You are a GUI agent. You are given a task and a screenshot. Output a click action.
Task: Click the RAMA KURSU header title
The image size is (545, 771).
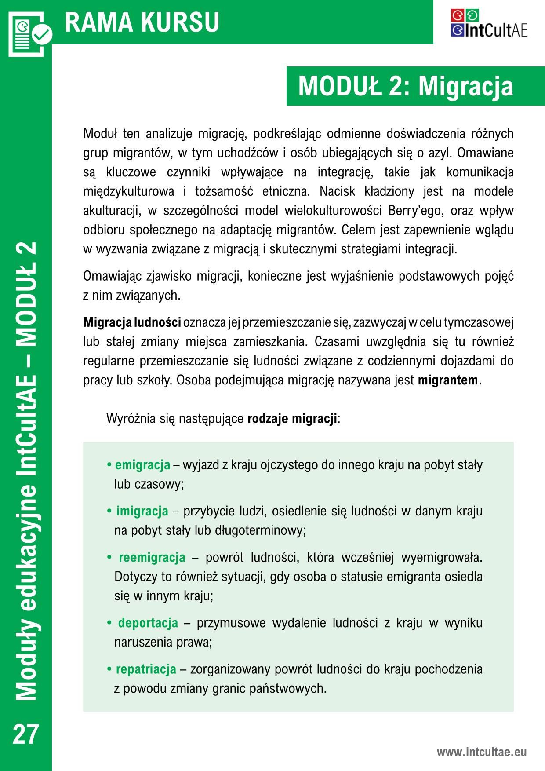[142, 22]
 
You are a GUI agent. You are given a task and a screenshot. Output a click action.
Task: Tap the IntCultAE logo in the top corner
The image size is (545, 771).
[489, 24]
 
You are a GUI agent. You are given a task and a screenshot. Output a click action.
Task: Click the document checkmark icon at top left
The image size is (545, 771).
[29, 33]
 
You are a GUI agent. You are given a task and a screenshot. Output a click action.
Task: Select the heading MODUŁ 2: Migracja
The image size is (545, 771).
[405, 86]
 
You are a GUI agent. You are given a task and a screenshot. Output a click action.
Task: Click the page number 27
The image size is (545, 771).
[26, 734]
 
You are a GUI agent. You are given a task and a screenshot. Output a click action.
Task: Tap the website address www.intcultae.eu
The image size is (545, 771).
[481, 752]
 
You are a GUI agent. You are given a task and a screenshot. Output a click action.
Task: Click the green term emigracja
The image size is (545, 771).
[142, 465]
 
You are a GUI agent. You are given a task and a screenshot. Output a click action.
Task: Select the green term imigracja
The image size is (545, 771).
[142, 511]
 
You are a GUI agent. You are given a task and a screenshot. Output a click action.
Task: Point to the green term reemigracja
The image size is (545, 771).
[152, 558]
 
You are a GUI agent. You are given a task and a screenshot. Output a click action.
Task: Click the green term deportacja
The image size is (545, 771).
[148, 623]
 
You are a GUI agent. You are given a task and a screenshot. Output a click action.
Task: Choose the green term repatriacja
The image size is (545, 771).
[146, 669]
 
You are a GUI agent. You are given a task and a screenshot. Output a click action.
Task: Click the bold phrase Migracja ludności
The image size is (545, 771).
[132, 322]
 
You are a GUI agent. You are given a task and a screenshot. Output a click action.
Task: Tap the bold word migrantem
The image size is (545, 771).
[450, 380]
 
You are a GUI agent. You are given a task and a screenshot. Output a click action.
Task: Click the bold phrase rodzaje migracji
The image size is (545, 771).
[292, 418]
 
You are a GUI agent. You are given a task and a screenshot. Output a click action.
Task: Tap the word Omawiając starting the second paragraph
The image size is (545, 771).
[112, 276]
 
